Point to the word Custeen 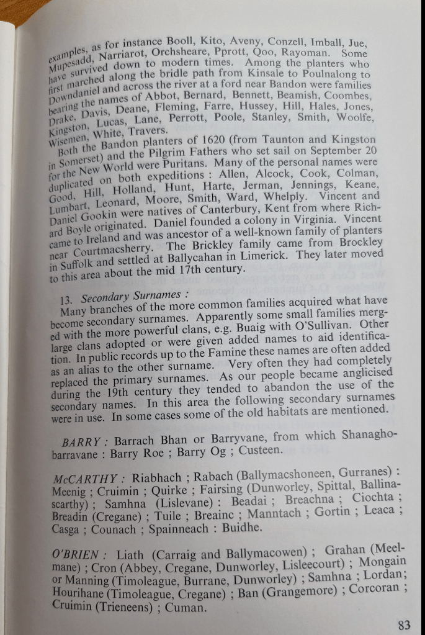click(x=264, y=450)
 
